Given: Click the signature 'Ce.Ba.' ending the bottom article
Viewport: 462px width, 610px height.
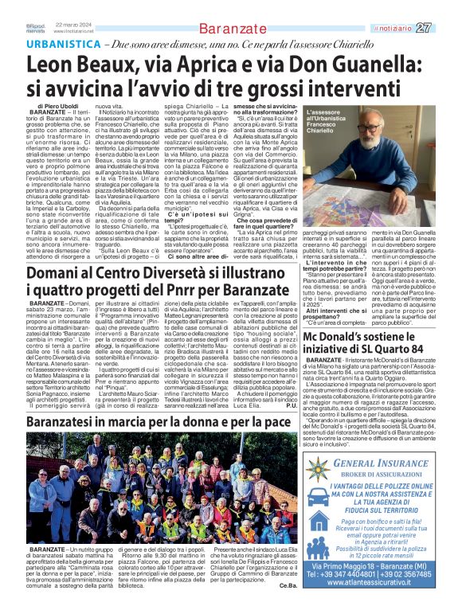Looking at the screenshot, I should [x=287, y=586].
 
